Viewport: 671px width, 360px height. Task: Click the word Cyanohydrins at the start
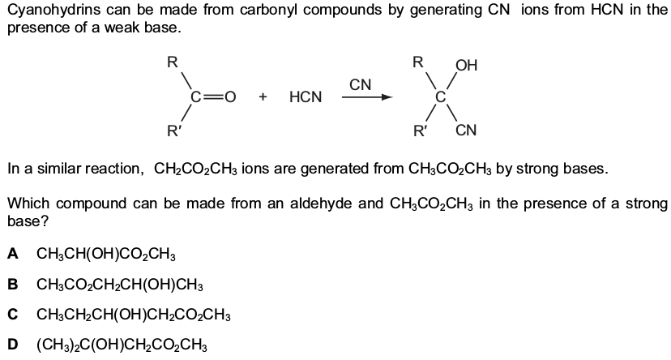pos(51,11)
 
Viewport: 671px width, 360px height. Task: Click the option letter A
pos(13,254)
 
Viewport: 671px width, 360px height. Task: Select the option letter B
pos(13,285)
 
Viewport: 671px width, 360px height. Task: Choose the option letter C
pos(13,315)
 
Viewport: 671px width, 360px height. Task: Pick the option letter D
pos(13,345)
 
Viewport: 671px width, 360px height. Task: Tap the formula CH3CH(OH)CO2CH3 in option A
pos(106,255)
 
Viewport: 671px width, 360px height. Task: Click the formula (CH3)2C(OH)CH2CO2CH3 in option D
pos(122,345)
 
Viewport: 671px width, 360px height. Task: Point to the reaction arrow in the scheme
pos(367,97)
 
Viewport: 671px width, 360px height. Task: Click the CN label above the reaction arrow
pos(361,85)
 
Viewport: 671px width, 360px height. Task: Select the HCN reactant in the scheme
pos(306,96)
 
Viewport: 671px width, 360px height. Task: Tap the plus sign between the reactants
pos(263,97)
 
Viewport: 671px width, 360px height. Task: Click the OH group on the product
pos(466,65)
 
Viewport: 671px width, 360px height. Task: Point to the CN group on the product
pos(466,130)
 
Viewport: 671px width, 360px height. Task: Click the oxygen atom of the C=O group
pos(230,97)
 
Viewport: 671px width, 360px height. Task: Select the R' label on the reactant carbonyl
pos(174,130)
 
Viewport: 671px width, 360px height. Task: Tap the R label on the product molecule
pos(417,62)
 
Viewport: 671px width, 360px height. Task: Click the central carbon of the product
pos(441,97)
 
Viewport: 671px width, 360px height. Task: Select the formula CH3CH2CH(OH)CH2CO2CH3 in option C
pos(134,315)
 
